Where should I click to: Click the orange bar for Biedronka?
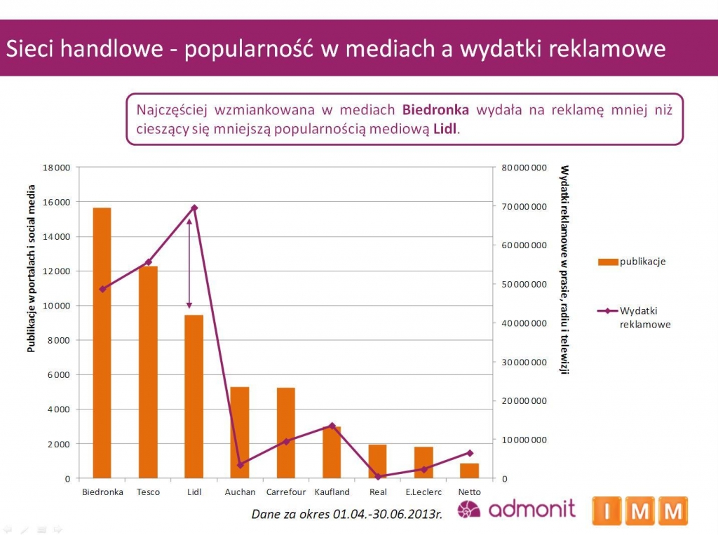(x=102, y=343)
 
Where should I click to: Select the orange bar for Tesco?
(x=148, y=372)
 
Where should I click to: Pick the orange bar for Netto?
(x=470, y=470)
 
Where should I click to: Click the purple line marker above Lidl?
(x=194, y=208)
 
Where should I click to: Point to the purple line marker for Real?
(x=378, y=477)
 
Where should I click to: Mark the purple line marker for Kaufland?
(x=332, y=426)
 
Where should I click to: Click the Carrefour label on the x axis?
(x=285, y=492)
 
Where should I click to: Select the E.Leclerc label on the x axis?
(x=424, y=492)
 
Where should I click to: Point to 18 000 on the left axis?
(x=57, y=168)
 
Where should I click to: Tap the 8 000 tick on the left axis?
(x=60, y=340)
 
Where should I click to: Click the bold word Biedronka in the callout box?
(x=435, y=110)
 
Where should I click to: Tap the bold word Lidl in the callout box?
(x=445, y=130)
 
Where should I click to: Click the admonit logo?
(x=516, y=509)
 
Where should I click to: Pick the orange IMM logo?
(x=639, y=511)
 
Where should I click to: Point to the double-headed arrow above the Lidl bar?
(x=189, y=263)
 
